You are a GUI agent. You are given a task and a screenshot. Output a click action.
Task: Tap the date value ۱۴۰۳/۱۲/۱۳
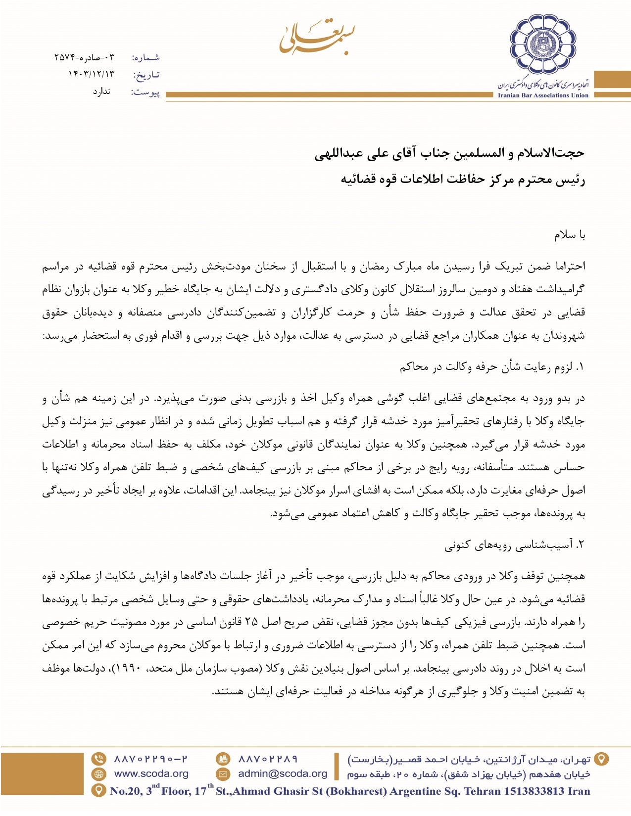point(91,74)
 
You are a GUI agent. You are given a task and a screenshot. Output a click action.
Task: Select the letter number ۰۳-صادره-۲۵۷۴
point(84,57)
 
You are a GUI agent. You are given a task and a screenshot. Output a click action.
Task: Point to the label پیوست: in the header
point(145,92)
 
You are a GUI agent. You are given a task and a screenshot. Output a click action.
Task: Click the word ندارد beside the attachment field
point(101,92)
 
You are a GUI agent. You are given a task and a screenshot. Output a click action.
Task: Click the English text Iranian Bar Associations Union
point(543,95)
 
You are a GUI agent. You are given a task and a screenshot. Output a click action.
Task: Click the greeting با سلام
point(570,235)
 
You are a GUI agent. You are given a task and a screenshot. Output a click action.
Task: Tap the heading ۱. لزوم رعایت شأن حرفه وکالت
point(492,367)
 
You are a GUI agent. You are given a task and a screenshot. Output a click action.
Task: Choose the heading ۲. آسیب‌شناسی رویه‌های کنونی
point(514,545)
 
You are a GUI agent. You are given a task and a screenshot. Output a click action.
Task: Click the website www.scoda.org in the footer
point(151,774)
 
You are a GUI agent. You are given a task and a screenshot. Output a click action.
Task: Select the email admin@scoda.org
point(283,774)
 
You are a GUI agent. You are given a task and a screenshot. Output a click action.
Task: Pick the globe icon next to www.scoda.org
point(99,774)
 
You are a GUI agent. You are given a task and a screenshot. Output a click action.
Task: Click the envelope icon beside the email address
point(223,774)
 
